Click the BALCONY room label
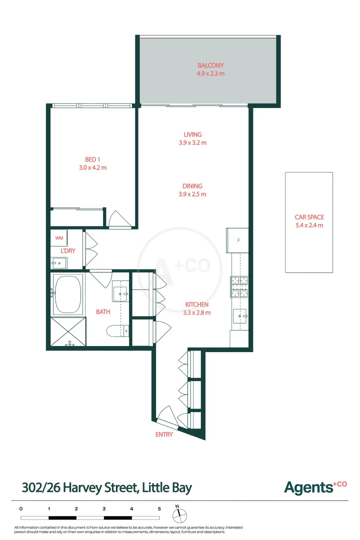tap(210, 65)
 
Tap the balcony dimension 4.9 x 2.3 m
tap(210, 73)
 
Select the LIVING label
tap(192, 134)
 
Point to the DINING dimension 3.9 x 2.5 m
tap(192, 194)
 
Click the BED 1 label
tap(92, 159)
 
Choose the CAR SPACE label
tap(309, 217)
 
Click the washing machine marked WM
tap(59, 238)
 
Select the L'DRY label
tap(68, 250)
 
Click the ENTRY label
tap(164, 434)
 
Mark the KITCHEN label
tap(197, 304)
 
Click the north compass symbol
tap(178, 514)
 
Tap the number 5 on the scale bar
tap(159, 508)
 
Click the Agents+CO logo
tap(315, 486)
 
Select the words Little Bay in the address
tap(166, 487)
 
